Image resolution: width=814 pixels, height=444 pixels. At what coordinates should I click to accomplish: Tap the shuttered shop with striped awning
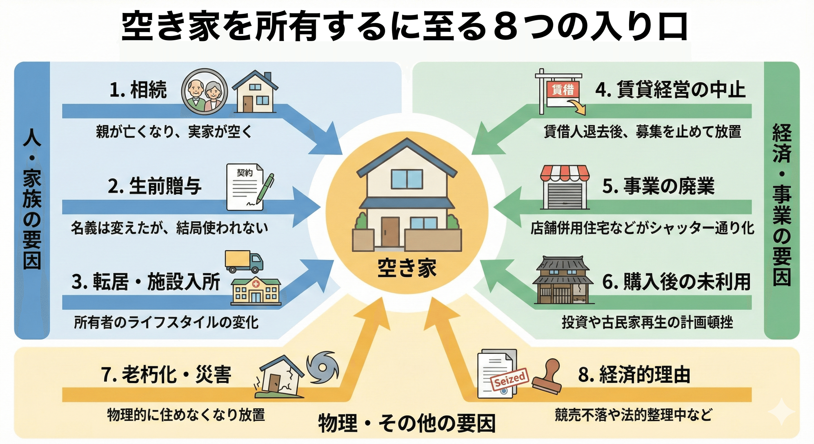(x=565, y=187)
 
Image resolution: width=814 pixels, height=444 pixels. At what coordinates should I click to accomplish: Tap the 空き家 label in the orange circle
(x=407, y=268)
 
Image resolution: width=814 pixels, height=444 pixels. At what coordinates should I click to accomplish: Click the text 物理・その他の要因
(x=407, y=423)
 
